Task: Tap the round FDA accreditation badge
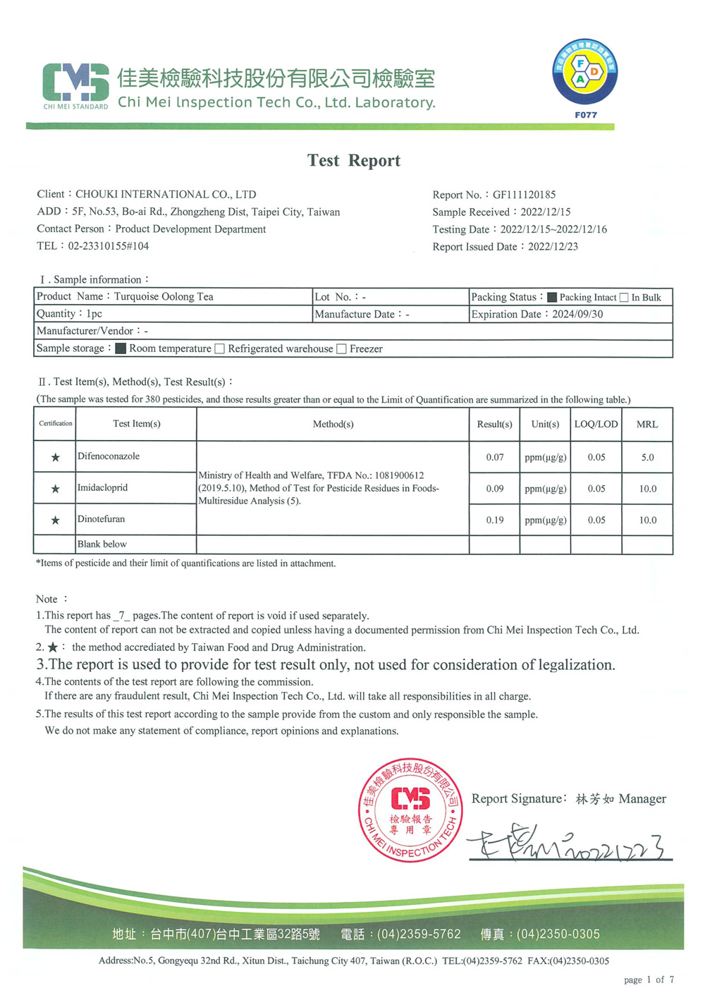coord(584,72)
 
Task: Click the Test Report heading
coord(353,161)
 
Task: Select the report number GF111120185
coord(524,195)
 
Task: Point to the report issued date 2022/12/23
coord(553,247)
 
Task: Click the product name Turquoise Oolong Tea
coord(164,297)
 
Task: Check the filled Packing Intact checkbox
coord(552,298)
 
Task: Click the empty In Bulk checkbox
coord(624,298)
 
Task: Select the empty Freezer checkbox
coord(342,349)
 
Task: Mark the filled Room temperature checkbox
coord(121,348)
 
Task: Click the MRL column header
coord(647,425)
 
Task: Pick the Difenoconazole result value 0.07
coord(495,457)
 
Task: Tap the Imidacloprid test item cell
coord(103,488)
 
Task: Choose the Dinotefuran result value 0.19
coord(495,520)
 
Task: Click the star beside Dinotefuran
coord(55,521)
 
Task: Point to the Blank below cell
coord(102,544)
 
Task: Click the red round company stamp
coord(410,810)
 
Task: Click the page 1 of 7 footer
coord(649,980)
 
